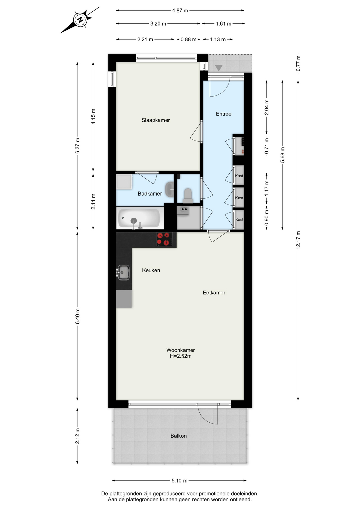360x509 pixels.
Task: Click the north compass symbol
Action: pyautogui.click(x=80, y=20)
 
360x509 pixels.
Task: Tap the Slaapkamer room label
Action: pyautogui.click(x=156, y=120)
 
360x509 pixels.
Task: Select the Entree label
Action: pyautogui.click(x=223, y=114)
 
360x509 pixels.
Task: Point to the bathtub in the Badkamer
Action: pyautogui.click(x=139, y=218)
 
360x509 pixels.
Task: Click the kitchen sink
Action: pyautogui.click(x=123, y=272)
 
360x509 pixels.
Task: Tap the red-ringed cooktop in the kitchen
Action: pyautogui.click(x=163, y=239)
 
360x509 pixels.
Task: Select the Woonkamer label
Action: pyautogui.click(x=181, y=350)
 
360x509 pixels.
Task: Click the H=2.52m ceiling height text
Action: pyautogui.click(x=181, y=356)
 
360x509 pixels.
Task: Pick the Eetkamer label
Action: pyautogui.click(x=214, y=293)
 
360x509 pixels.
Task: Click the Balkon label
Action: pyautogui.click(x=178, y=436)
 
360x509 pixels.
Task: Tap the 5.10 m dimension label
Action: pyautogui.click(x=179, y=481)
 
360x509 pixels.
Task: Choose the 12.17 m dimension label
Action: pyautogui.click(x=298, y=240)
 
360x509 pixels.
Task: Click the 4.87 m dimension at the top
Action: pyautogui.click(x=180, y=11)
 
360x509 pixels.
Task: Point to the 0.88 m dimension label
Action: pyautogui.click(x=188, y=40)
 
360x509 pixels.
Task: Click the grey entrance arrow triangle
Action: pyautogui.click(x=218, y=68)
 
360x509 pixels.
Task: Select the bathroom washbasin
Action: pyautogui.click(x=169, y=189)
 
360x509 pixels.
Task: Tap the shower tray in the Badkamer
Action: pyautogui.click(x=124, y=182)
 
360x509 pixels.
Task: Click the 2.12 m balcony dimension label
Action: pyautogui.click(x=77, y=436)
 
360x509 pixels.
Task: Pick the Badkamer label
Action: pyautogui.click(x=150, y=194)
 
